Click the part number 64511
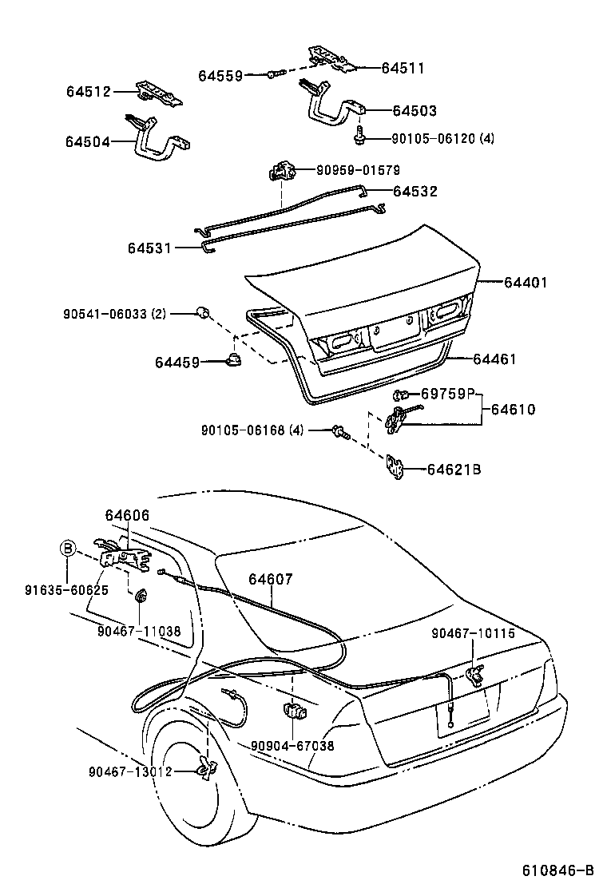pyautogui.click(x=403, y=69)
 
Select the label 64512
pyautogui.click(x=89, y=92)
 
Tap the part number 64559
pyautogui.click(x=220, y=76)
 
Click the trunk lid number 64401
pyautogui.click(x=526, y=282)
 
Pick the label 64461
pyautogui.click(x=494, y=359)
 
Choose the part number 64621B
pyautogui.click(x=454, y=470)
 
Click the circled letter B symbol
pyautogui.click(x=68, y=548)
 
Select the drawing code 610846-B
pyautogui.click(x=559, y=870)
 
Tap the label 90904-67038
pyautogui.click(x=292, y=746)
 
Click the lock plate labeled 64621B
pyautogui.click(x=395, y=469)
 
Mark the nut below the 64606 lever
pyautogui.click(x=141, y=595)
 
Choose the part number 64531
pyautogui.click(x=150, y=248)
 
